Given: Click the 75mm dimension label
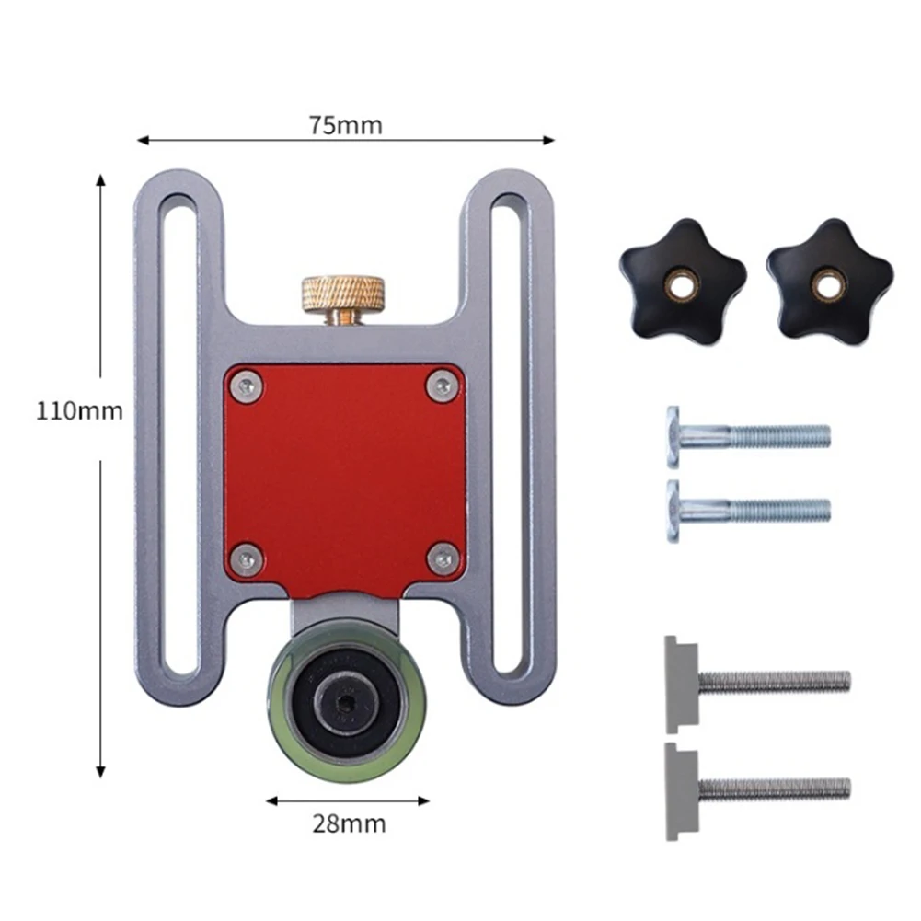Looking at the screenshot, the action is coord(345,125).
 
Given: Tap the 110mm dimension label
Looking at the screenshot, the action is coord(79,411).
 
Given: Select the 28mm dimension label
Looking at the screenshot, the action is coord(349,824).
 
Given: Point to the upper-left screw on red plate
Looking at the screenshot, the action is coord(247,386).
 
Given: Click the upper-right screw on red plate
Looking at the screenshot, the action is coord(442,386).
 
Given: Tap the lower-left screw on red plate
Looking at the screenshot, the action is coord(246,559).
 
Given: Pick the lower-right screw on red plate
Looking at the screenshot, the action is coord(443,558).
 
